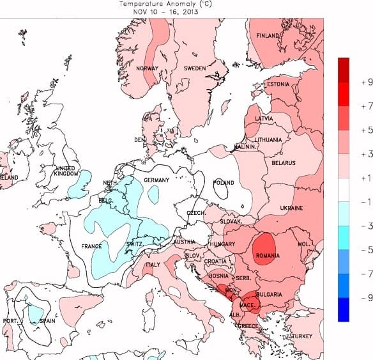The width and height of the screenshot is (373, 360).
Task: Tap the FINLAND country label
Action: (x=269, y=36)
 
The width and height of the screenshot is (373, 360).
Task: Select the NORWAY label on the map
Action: (x=148, y=68)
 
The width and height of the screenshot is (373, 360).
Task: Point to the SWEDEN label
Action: (x=194, y=68)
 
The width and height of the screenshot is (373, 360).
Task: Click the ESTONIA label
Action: (x=278, y=84)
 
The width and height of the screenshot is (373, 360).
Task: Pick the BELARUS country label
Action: (x=283, y=163)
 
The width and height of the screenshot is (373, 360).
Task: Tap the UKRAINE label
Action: (x=291, y=208)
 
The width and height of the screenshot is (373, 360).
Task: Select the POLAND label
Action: (x=224, y=182)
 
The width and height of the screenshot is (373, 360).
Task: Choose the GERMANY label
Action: (x=156, y=180)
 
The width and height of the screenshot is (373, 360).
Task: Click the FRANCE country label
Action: (x=92, y=246)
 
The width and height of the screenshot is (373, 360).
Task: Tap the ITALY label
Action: (x=154, y=265)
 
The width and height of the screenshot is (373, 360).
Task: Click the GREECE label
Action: (x=250, y=325)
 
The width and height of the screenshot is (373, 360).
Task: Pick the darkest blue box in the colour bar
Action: (x=344, y=309)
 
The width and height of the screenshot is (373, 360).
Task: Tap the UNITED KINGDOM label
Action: (x=66, y=171)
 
